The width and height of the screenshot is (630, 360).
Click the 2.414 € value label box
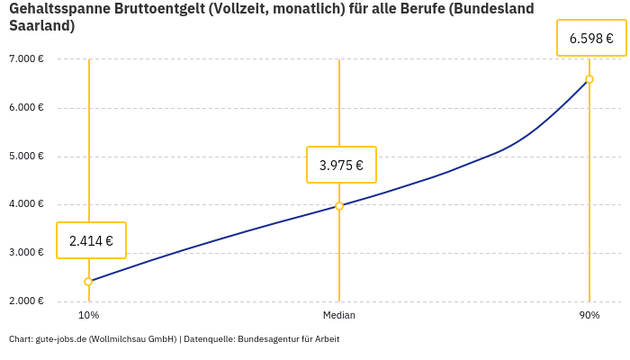coord(91,240)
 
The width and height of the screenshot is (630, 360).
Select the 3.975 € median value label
coord(341,165)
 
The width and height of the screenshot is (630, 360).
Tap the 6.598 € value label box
coord(591,38)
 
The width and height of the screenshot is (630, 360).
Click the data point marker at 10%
coord(88,282)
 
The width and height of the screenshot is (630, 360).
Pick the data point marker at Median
coord(339,206)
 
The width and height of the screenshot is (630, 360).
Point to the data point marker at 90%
coord(589,79)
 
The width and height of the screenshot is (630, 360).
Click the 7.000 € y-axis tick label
coord(26,59)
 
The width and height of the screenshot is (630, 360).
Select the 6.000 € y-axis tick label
coord(26,108)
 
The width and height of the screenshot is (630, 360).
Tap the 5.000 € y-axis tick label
coord(26,156)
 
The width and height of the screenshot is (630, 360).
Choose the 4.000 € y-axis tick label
coord(26,204)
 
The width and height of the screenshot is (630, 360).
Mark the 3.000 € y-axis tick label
coord(26,253)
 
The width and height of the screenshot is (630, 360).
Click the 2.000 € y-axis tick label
coord(26,301)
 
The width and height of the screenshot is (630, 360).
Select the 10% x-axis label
coord(88,315)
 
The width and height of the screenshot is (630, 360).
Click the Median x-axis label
coord(339,315)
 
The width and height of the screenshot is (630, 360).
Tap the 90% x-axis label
coord(589,315)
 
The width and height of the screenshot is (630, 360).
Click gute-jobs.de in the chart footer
coord(60,339)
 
